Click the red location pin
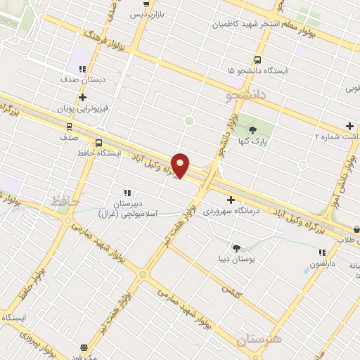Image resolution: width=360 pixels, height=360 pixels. [x=181, y=165]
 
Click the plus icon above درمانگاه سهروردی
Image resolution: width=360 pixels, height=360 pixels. [x=230, y=200]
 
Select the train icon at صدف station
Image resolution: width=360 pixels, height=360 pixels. [x=69, y=127]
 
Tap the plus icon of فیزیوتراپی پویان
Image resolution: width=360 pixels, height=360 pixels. [x=82, y=97]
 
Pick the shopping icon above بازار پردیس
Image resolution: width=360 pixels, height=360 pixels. [x=146, y=4]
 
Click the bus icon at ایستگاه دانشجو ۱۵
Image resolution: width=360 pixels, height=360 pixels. [x=257, y=60]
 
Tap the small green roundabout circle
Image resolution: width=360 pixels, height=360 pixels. [x=188, y=121]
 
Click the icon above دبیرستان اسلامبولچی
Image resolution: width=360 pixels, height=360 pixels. [x=127, y=192]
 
